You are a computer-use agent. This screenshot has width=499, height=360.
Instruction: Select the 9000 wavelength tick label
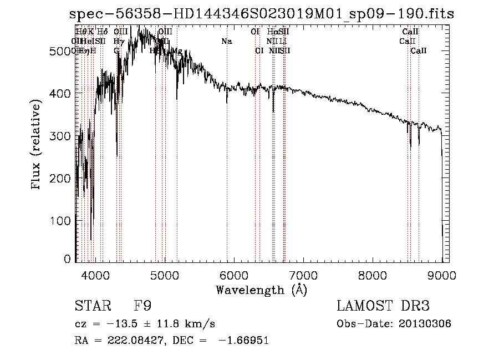[x=442, y=275]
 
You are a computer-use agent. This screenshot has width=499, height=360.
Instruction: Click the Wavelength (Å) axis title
[x=261, y=290]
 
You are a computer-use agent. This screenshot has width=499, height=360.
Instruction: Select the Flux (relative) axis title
[x=37, y=145]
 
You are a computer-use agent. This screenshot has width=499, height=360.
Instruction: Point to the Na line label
[x=226, y=42]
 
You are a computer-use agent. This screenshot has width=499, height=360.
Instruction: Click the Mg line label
[x=177, y=51]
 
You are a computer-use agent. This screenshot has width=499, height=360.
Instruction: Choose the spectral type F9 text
[x=142, y=306]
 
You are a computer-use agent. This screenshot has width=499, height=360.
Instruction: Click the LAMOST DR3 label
[x=383, y=306]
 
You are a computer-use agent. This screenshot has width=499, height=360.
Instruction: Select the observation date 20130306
[x=427, y=324]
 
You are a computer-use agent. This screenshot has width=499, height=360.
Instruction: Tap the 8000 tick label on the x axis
[x=372, y=275]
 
